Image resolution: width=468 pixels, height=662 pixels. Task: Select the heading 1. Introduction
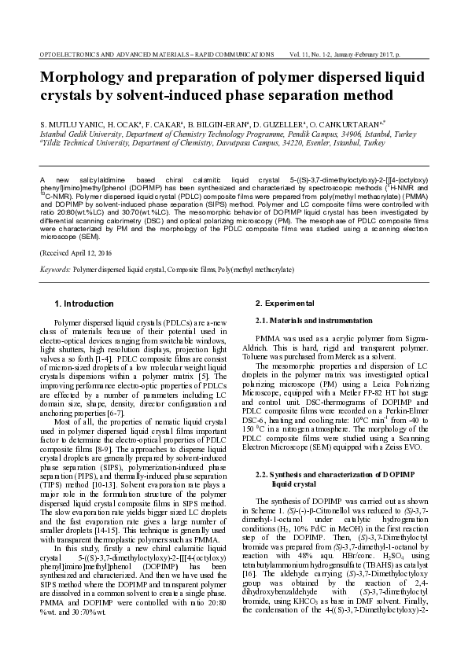pyautogui.click(x=83, y=303)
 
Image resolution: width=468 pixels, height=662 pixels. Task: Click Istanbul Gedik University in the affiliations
pyautogui.click(x=80, y=134)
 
